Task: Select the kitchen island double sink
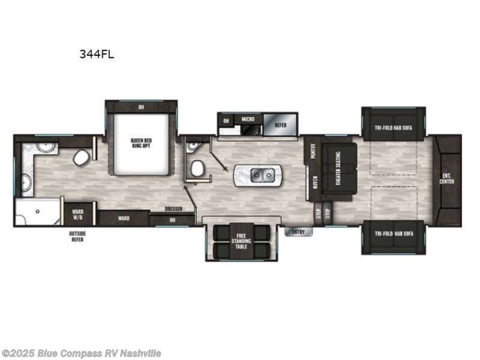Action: [257, 174]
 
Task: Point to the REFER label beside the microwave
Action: [281, 125]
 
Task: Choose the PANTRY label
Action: [313, 150]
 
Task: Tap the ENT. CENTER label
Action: [446, 180]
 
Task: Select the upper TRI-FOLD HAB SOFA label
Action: [393, 127]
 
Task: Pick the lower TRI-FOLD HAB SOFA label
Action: [393, 232]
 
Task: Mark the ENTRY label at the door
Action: [299, 231]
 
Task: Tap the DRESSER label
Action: [172, 208]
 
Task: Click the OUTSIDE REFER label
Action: [78, 236]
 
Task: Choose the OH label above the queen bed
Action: [141, 107]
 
